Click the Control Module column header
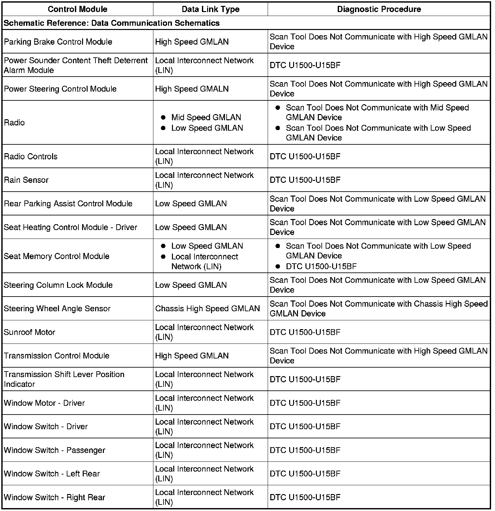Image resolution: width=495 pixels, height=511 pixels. point(78,9)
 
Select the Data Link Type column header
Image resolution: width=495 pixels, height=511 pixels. point(210,9)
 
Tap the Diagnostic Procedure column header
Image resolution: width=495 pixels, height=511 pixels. point(379,9)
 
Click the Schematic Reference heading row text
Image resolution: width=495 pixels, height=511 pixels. point(112,23)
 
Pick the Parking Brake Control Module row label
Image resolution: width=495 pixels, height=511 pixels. point(58,42)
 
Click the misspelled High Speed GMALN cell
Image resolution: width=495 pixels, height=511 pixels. point(192,89)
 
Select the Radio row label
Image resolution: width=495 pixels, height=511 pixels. point(14,123)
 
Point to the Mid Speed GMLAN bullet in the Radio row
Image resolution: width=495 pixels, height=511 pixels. point(206,117)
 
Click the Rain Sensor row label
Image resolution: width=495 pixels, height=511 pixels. point(26,180)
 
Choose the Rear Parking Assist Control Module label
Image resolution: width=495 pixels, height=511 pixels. point(68,204)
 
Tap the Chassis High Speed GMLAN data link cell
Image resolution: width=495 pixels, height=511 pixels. point(207,309)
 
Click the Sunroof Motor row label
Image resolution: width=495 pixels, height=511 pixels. point(29,332)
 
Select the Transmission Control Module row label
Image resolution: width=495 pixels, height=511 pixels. point(57,356)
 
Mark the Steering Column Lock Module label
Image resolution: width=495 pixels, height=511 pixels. point(58,285)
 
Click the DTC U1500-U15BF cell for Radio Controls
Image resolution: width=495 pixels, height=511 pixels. point(305,156)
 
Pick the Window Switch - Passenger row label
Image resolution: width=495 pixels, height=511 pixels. point(54,450)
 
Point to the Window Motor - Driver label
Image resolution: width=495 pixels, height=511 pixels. point(44,403)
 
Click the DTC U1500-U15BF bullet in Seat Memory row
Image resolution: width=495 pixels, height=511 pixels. point(321,267)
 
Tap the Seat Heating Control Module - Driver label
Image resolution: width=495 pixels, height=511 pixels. point(70,227)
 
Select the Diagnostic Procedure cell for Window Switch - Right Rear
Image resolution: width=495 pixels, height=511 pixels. point(305,497)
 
